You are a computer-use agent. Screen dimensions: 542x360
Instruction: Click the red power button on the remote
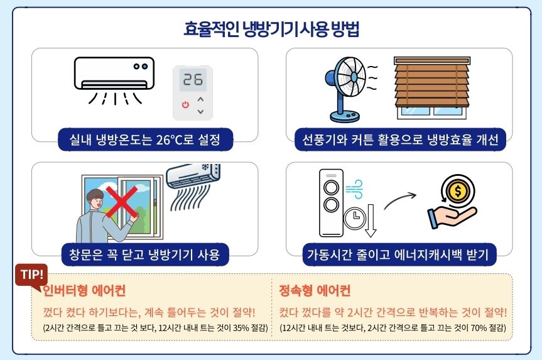coord(186,104)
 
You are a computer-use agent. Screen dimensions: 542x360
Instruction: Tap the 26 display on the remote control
coord(193,80)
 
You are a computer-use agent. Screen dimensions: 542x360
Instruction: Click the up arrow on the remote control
coord(200,100)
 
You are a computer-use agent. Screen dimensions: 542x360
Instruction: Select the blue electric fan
coord(345,89)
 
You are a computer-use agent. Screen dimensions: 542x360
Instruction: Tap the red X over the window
coord(122,202)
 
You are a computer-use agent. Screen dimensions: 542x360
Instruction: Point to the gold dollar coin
coord(458,190)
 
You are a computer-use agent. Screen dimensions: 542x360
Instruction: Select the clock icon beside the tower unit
coord(355,217)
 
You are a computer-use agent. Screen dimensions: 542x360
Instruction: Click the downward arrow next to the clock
coord(371,221)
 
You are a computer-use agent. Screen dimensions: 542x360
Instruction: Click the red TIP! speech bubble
coord(31,276)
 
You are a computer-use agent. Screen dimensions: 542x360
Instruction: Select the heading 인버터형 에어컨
coord(84,290)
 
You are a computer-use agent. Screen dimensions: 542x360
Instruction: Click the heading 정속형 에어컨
coord(315,290)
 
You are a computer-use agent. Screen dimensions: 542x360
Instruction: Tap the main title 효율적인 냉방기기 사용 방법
coord(271,29)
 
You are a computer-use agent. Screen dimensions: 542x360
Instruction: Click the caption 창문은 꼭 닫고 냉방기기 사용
coord(144,254)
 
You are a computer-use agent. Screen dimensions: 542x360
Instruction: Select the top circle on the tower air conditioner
coord(331,188)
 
